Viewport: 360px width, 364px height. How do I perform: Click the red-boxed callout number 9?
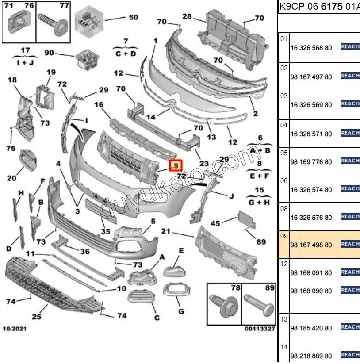(x=176, y=165)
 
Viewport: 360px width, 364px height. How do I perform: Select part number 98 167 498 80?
(x=311, y=245)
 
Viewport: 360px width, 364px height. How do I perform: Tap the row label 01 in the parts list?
(x=283, y=39)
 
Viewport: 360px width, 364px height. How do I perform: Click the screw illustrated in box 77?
(x=53, y=24)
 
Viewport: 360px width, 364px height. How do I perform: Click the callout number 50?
(x=133, y=17)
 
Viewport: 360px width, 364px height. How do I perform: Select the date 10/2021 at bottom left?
(x=15, y=329)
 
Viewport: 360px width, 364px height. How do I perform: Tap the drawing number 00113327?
(x=260, y=329)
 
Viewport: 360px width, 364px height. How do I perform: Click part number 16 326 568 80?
(x=311, y=48)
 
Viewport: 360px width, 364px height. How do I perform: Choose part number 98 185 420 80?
(x=311, y=328)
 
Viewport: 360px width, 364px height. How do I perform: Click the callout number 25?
(x=37, y=316)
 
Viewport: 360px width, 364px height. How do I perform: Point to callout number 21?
(x=166, y=231)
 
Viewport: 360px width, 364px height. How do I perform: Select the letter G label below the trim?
(x=181, y=311)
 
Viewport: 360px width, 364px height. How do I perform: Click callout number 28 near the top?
(x=187, y=16)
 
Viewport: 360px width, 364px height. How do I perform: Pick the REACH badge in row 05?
(x=350, y=161)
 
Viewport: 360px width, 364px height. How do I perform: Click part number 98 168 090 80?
(x=311, y=291)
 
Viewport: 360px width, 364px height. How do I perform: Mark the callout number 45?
(x=215, y=223)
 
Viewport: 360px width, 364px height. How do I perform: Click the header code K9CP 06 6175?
(x=311, y=7)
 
